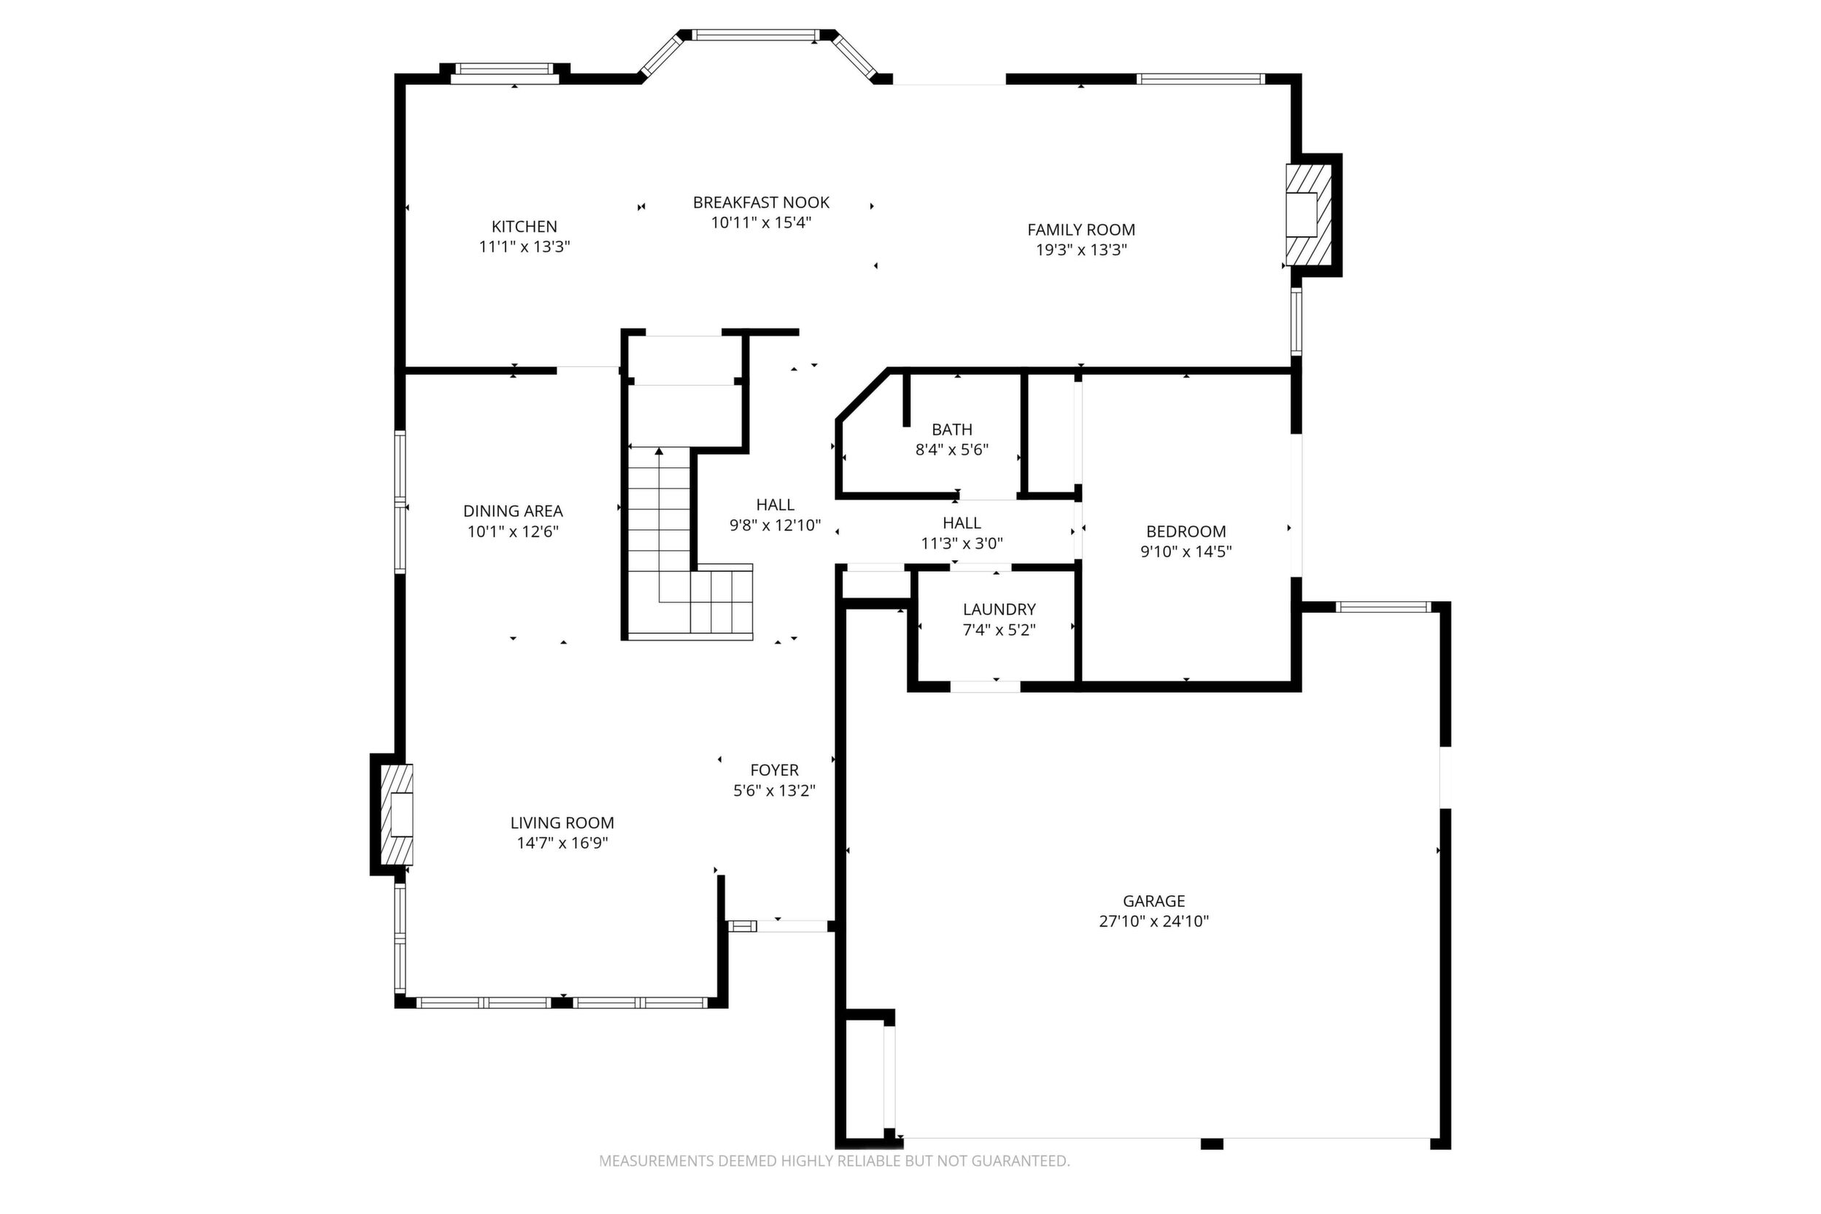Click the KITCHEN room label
point(524,227)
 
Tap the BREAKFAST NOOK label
point(761,203)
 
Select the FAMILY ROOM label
point(1080,230)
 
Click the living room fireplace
point(396,814)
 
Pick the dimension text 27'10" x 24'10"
point(1153,921)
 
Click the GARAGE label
point(1153,901)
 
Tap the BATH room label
point(951,430)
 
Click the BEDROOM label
point(1186,532)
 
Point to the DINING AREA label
point(513,511)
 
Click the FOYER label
point(774,770)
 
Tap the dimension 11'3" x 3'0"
point(962,544)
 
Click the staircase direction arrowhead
point(659,451)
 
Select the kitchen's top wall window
point(505,74)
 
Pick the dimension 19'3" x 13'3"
point(1080,250)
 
